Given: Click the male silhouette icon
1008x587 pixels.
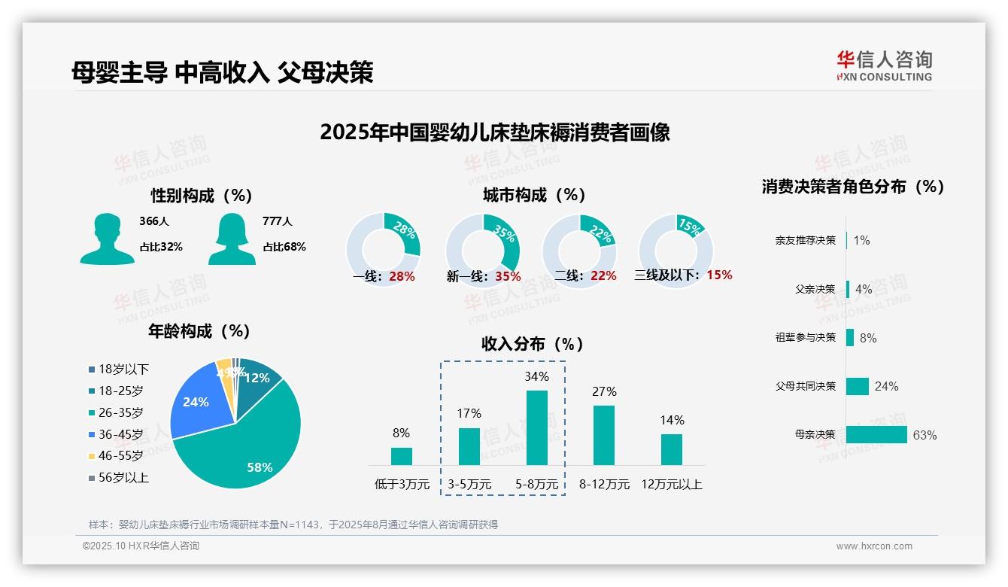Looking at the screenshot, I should coord(107,239).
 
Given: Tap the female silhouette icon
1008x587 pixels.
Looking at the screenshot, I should coord(232,239).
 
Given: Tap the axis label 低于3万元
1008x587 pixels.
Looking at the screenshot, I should coord(401,485).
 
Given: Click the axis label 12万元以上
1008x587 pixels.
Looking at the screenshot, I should coord(671,485).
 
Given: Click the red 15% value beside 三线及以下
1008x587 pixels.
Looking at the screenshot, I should coord(719,275).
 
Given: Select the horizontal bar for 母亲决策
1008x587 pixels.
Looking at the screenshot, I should coord(876,435).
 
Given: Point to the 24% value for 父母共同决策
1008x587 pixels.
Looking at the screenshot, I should coord(886,387).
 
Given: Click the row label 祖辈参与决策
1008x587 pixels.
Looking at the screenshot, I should coord(805,338).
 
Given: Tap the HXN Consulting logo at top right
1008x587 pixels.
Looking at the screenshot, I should coord(884,65).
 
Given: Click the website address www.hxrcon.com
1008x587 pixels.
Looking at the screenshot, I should coord(874,546).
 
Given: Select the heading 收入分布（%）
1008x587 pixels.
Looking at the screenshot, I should coord(533,344).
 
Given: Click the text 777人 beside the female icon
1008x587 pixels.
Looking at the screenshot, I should coord(277,222).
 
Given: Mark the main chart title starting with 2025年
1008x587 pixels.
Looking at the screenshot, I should coord(494,132).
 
